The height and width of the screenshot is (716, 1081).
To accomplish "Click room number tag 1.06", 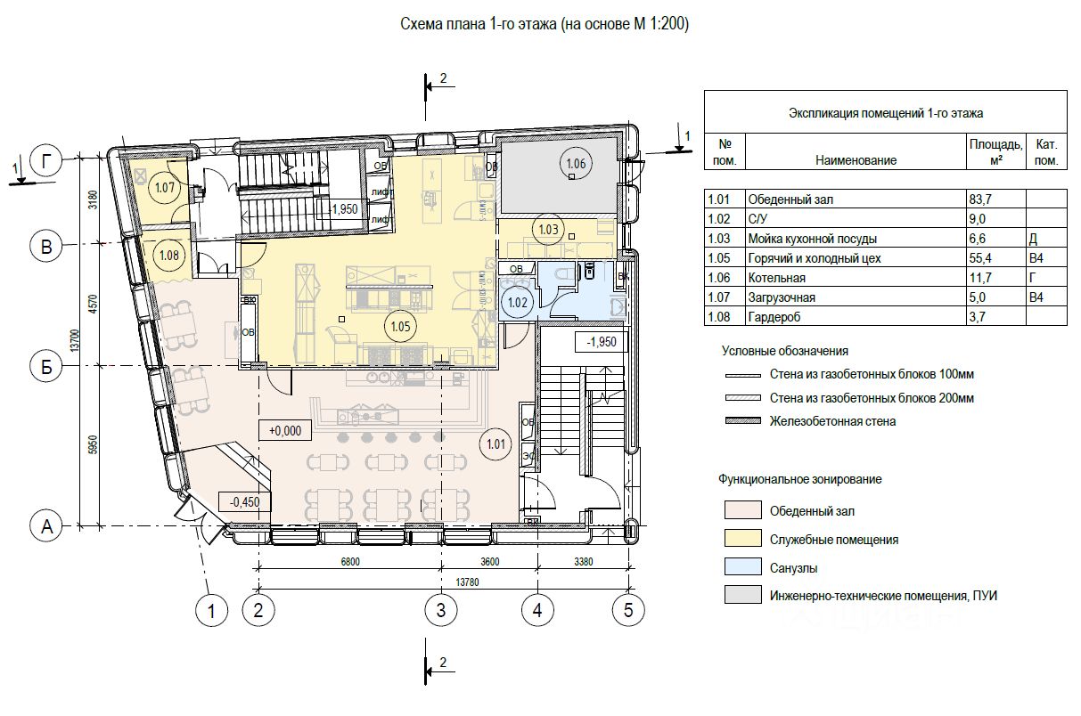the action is click(x=576, y=163).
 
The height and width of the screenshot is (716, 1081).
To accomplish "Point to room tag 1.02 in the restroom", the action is click(x=517, y=303).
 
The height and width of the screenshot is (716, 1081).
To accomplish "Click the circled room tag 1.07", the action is click(x=164, y=188).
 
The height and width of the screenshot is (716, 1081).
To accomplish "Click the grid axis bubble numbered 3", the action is click(x=440, y=610).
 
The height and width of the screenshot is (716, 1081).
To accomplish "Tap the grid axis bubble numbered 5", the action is click(x=628, y=610).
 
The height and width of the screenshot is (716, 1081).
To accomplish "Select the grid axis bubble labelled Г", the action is click(x=46, y=161).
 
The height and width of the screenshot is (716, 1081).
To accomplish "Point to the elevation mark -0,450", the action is click(x=244, y=501).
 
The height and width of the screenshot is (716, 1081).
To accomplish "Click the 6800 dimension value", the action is click(x=348, y=562).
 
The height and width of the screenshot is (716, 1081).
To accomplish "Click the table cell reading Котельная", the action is click(x=777, y=278).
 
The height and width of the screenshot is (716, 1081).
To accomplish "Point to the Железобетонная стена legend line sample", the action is click(x=741, y=421).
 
